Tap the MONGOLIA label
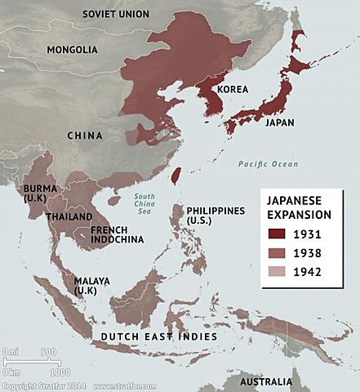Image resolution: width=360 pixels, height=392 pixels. pos(72,50)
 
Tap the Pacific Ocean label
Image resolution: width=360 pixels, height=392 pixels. pos(267,164)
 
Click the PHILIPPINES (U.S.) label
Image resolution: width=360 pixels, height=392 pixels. pos(215,216)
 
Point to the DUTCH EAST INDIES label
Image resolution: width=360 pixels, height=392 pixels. pos(158,336)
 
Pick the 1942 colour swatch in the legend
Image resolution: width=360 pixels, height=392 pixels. pos(276,273)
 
